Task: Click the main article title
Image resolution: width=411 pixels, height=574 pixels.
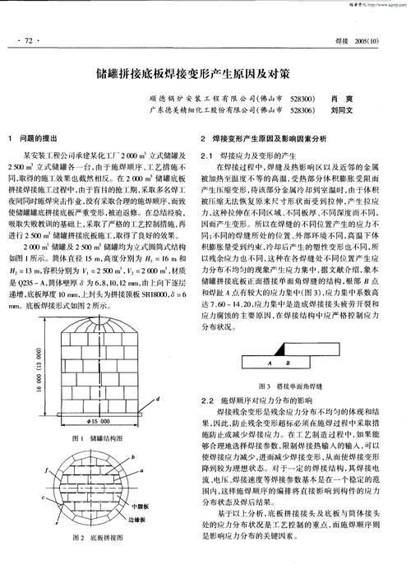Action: tap(205, 73)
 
